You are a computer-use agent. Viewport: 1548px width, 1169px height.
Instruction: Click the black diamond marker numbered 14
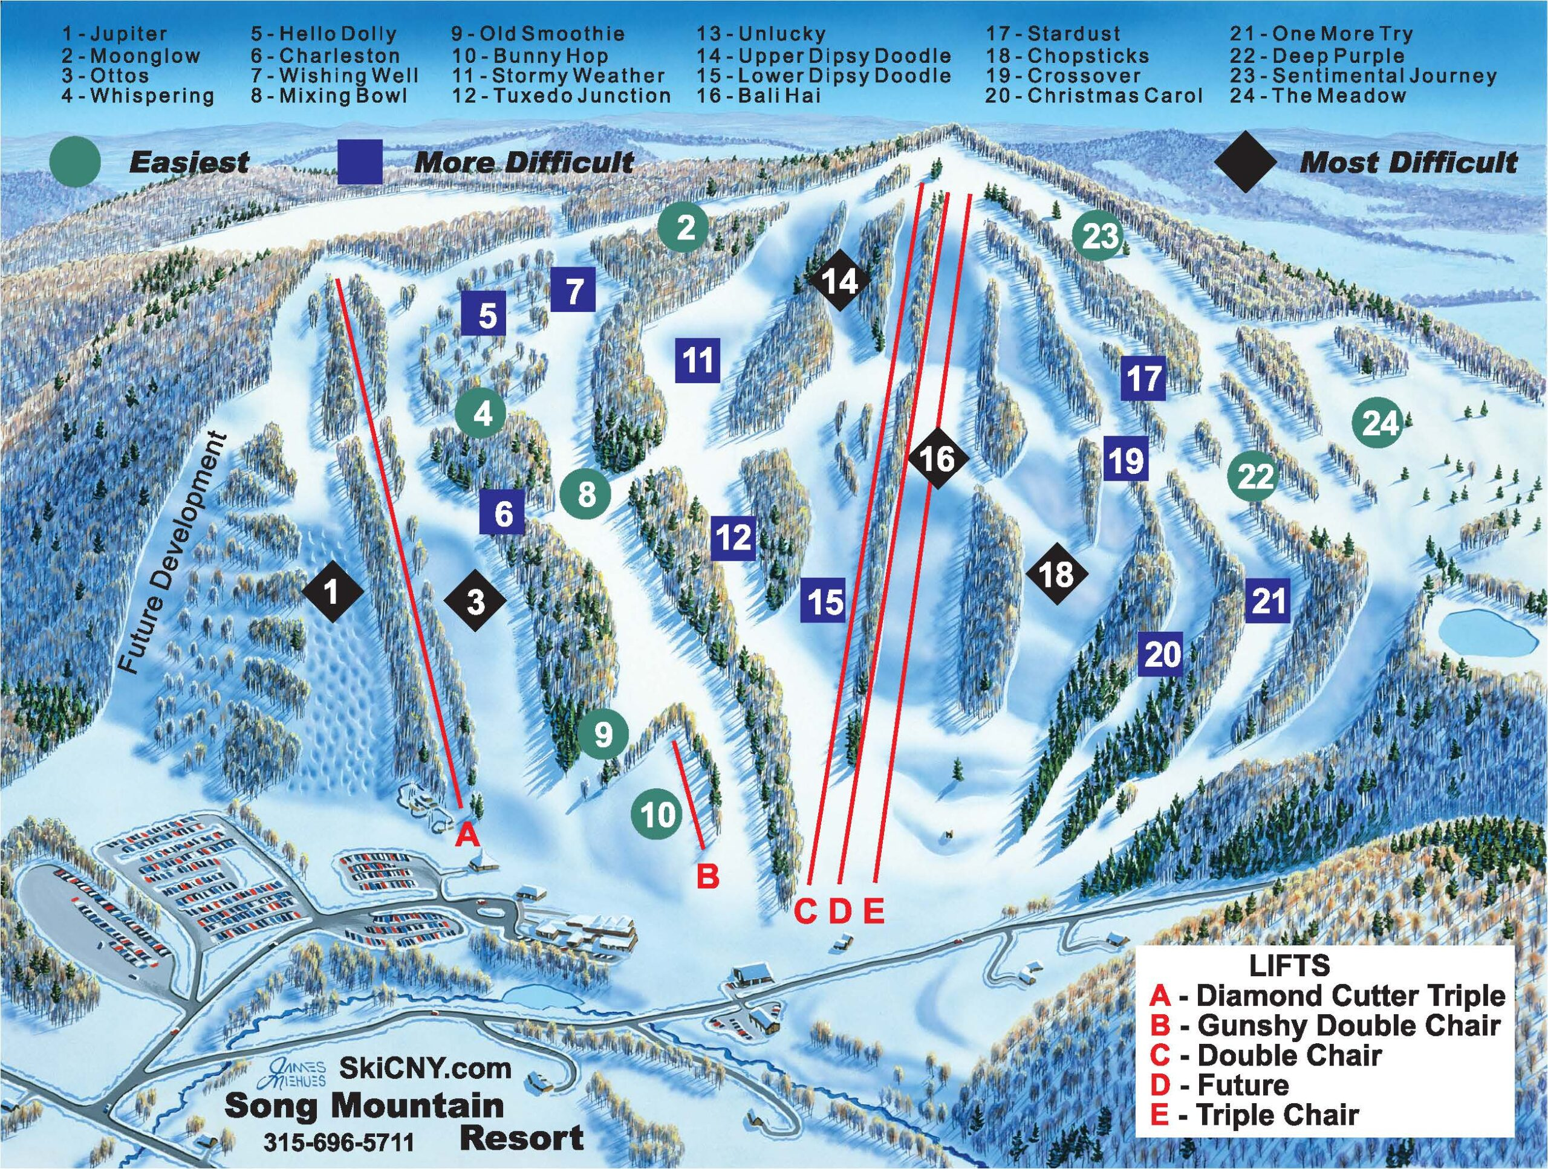click(840, 281)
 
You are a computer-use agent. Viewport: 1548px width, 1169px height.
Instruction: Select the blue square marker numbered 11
click(698, 360)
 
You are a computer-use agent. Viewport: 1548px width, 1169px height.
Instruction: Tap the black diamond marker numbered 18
click(1057, 574)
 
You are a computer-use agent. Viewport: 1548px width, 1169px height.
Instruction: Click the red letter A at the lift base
click(468, 835)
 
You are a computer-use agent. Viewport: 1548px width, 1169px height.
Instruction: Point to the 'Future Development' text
click(172, 554)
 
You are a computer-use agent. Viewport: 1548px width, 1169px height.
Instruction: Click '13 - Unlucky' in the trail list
click(761, 34)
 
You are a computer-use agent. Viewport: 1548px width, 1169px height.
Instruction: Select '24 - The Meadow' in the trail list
click(1318, 96)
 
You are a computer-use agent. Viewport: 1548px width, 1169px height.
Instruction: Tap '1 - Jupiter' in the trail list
click(115, 34)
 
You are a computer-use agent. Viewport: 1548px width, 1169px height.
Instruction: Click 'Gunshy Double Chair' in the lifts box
click(1347, 1025)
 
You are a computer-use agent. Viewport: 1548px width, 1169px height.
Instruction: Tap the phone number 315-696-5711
click(339, 1142)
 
